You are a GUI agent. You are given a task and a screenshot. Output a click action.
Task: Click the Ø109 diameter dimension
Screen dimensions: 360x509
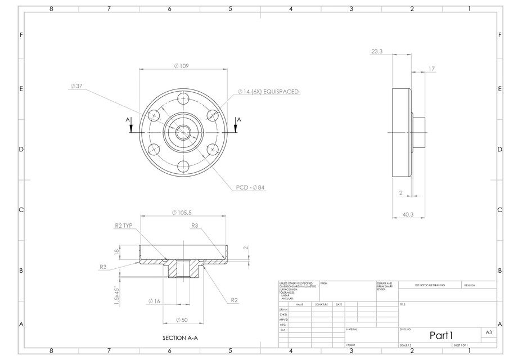(x=181, y=66)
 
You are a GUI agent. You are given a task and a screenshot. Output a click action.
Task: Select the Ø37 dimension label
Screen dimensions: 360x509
(x=76, y=86)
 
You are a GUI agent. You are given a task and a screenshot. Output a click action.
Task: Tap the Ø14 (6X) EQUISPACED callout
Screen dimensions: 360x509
(x=268, y=91)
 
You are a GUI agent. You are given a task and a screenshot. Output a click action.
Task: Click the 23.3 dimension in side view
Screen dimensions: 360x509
(x=377, y=51)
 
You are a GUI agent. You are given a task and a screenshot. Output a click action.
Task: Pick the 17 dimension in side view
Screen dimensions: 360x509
(x=431, y=69)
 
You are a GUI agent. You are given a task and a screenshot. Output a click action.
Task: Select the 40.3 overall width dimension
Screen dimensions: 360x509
(x=408, y=214)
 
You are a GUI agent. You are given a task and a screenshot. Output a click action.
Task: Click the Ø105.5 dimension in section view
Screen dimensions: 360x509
(x=181, y=213)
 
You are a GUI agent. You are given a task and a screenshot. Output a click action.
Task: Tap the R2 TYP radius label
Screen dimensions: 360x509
(x=123, y=225)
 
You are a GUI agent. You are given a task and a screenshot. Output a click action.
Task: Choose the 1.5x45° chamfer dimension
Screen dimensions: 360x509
(x=116, y=293)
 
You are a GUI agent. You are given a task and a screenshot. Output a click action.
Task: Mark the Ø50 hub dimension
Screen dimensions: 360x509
(x=181, y=319)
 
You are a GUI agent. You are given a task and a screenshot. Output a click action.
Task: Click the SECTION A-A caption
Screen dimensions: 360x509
(x=180, y=338)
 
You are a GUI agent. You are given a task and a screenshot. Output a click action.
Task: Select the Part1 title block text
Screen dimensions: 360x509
(x=441, y=335)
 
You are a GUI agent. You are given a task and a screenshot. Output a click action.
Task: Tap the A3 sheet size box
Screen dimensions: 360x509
(x=489, y=333)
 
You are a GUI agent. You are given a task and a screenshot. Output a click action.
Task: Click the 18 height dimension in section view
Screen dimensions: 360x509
(x=116, y=253)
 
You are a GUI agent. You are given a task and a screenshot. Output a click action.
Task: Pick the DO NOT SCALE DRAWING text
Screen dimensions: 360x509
(x=430, y=285)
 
